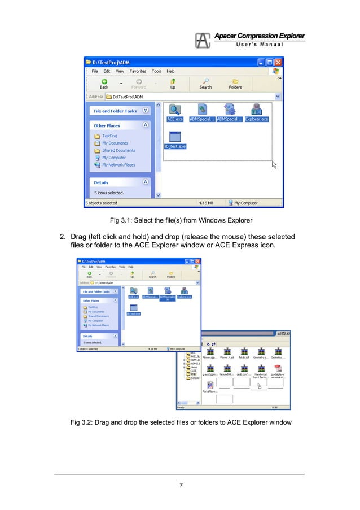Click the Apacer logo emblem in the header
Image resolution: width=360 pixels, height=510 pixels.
click(x=203, y=41)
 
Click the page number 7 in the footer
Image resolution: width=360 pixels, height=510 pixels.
click(x=180, y=483)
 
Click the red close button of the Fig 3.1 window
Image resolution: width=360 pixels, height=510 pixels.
click(x=278, y=62)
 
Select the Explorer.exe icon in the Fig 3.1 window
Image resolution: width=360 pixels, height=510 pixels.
click(x=257, y=110)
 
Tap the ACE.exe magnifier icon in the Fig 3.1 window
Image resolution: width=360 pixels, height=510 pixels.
click(x=175, y=110)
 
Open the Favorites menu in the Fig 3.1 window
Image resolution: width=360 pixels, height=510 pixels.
click(x=138, y=71)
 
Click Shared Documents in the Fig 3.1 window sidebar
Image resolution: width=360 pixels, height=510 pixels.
click(x=118, y=150)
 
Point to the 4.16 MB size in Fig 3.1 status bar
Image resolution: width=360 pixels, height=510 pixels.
click(x=205, y=203)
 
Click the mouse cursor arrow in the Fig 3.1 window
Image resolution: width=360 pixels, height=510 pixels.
click(x=274, y=164)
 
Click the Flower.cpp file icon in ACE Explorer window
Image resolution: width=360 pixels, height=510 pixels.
click(x=209, y=351)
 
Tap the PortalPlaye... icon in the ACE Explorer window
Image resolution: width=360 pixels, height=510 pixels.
click(x=209, y=385)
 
